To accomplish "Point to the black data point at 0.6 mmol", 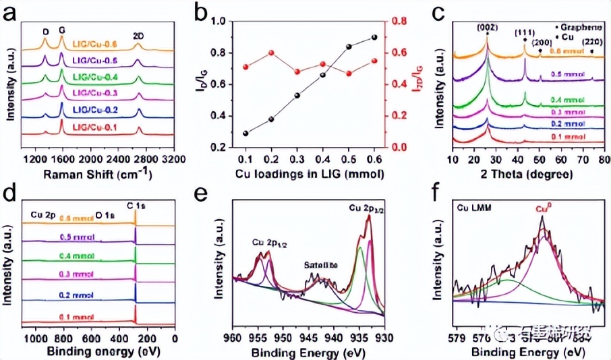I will click(x=374, y=38).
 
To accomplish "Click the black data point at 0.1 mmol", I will click(x=245, y=133).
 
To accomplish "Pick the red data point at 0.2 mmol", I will click(x=271, y=53).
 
